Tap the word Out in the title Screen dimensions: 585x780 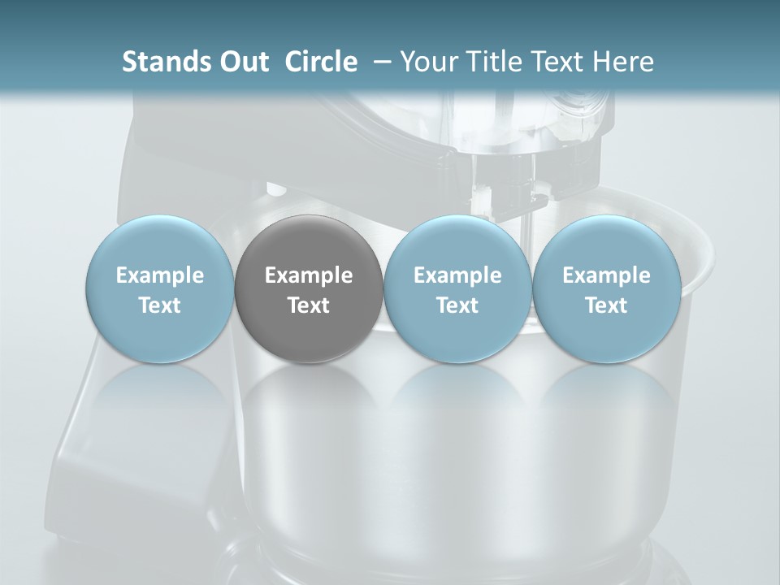[x=242, y=62]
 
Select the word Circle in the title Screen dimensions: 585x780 [x=321, y=62]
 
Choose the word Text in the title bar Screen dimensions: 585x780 [x=556, y=62]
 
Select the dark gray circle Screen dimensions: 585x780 [x=309, y=289]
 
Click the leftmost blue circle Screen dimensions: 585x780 [x=160, y=289]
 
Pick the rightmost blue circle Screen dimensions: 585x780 [x=606, y=289]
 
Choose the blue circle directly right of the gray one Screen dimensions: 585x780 [x=457, y=289]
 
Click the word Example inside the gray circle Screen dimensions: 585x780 [x=309, y=276]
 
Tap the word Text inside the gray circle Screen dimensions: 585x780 [x=309, y=305]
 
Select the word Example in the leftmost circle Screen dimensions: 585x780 [x=160, y=276]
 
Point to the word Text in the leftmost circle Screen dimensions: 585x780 [x=160, y=305]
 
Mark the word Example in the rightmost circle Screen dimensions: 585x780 [x=606, y=276]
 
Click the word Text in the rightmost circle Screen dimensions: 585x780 [x=606, y=305]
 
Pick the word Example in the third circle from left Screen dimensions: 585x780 [x=457, y=276]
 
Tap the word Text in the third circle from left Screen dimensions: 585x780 [x=457, y=305]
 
